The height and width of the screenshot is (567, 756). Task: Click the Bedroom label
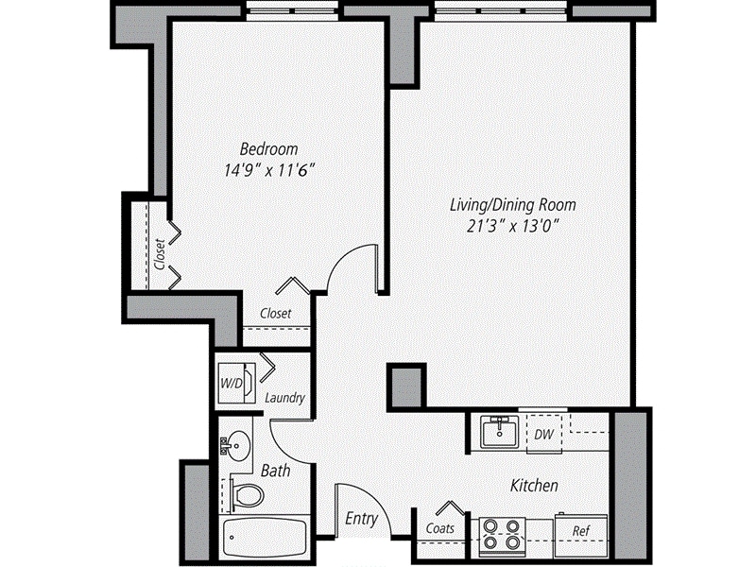pos(268,149)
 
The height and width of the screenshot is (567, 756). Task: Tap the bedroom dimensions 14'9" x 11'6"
pos(268,171)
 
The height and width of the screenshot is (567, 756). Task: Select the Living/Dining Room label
pos(512,204)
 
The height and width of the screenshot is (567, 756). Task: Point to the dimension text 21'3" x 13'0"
pos(512,226)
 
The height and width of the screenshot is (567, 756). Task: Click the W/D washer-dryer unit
pos(234,383)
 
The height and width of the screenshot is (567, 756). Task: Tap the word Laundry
pos(284,398)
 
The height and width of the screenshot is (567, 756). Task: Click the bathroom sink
pos(236,442)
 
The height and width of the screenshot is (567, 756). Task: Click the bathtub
pos(265,539)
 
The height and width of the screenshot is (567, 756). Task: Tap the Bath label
pos(275,470)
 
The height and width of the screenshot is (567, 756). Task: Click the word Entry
pos(361,519)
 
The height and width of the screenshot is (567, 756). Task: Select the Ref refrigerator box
pos(581,531)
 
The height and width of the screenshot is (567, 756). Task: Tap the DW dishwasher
pos(543,435)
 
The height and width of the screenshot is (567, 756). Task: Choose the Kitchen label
pos(534,486)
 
